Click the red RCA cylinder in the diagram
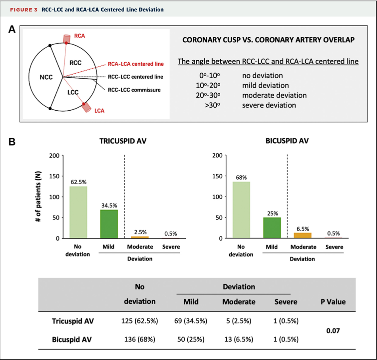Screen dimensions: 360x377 (66, 38)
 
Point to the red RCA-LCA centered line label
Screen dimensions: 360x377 (136, 64)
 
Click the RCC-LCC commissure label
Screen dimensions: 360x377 (134, 90)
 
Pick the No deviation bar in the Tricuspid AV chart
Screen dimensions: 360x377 (79, 212)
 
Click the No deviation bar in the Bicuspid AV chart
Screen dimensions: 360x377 (241, 210)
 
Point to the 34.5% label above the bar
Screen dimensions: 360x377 (108, 205)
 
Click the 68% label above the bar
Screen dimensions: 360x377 (241, 177)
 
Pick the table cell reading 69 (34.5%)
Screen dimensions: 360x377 (191, 321)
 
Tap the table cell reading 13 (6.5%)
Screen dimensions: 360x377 (238, 340)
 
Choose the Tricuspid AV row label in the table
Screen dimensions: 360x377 (73, 321)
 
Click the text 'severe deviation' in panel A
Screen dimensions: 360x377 (269, 105)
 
